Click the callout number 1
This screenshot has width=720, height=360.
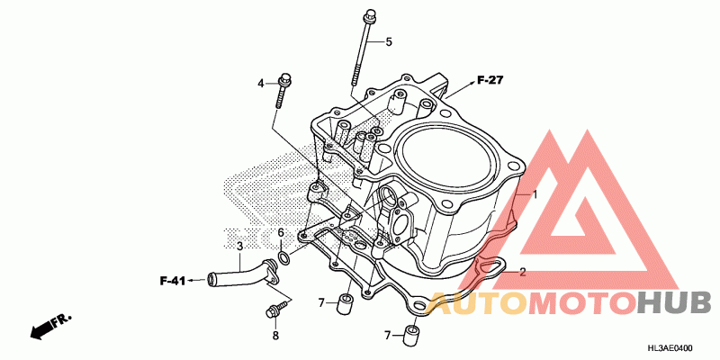(534, 194)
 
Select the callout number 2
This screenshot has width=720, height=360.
(522, 271)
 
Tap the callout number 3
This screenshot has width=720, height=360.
(239, 246)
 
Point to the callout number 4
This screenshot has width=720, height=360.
(261, 84)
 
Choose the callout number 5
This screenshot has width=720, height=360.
(390, 41)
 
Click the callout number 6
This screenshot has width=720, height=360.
(281, 233)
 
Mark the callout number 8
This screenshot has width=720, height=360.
(275, 336)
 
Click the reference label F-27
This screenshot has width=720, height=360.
(489, 80)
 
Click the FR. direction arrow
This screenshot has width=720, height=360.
(49, 327)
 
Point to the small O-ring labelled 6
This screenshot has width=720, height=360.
(283, 259)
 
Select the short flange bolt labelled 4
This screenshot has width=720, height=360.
(281, 90)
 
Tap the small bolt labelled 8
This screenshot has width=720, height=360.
(272, 313)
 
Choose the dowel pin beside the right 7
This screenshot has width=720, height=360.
(412, 336)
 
